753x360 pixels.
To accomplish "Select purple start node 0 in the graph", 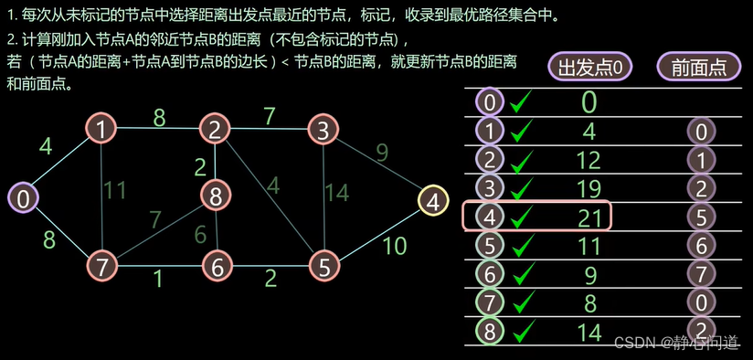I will coord(23,198).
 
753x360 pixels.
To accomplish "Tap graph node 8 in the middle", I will coord(216,195).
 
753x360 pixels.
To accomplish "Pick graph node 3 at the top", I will coord(323,130).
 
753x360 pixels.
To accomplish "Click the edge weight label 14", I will coord(338,193).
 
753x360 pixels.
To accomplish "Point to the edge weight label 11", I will coord(114,190).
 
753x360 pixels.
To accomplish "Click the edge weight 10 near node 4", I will coord(393,245).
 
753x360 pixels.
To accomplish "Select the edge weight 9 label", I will coord(382,152).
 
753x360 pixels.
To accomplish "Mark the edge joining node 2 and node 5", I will coord(270,197).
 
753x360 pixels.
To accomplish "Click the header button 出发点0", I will coord(589,68).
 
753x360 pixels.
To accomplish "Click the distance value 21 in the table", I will coord(589,216).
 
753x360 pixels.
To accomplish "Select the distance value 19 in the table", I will coord(589,187).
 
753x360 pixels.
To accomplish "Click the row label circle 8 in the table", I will coord(491,330).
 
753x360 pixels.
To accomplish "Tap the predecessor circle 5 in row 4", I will coord(700,217).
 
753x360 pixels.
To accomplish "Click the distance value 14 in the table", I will coord(589,331).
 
